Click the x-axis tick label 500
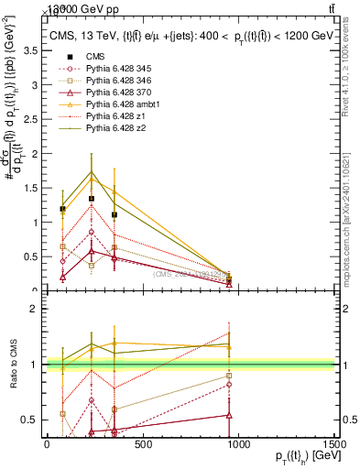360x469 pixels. [x=143, y=444]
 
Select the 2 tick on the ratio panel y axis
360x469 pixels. [x=37, y=309]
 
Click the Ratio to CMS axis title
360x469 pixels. [x=13, y=365]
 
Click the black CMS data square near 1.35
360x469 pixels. [x=91, y=198]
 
